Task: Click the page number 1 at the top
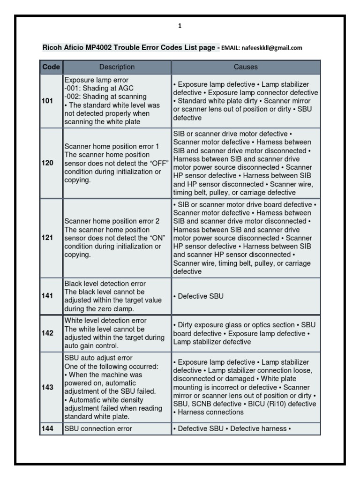(x=180, y=26)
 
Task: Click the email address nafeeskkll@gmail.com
(x=272, y=48)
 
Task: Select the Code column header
(x=51, y=67)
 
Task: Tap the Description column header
(x=117, y=67)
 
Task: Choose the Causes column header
(x=246, y=67)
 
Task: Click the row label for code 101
(x=47, y=100)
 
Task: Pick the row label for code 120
(x=47, y=163)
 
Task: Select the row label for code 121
(x=47, y=238)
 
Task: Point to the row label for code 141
(x=47, y=296)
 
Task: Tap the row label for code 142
(x=47, y=333)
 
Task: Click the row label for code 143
(x=47, y=388)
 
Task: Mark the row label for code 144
(x=47, y=428)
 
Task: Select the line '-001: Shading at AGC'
(x=96, y=88)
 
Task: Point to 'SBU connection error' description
(x=98, y=428)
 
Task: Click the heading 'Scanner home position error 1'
(x=112, y=146)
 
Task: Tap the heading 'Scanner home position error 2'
(x=112, y=221)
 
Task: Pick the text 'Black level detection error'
(x=105, y=284)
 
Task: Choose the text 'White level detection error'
(x=105, y=321)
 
